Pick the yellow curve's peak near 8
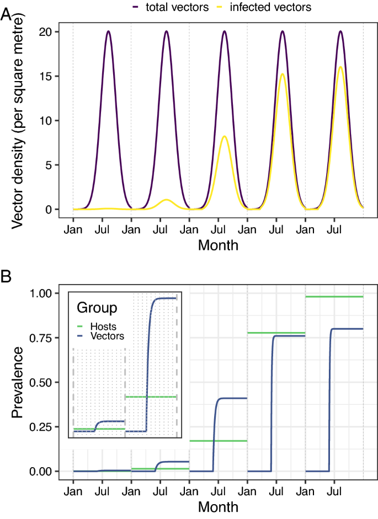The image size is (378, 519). click(225, 136)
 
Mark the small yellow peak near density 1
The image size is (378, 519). click(166, 199)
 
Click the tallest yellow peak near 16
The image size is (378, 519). click(340, 67)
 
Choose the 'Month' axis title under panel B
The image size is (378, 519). click(218, 506)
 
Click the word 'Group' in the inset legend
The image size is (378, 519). click(97, 307)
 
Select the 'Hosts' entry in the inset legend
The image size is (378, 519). click(104, 326)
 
